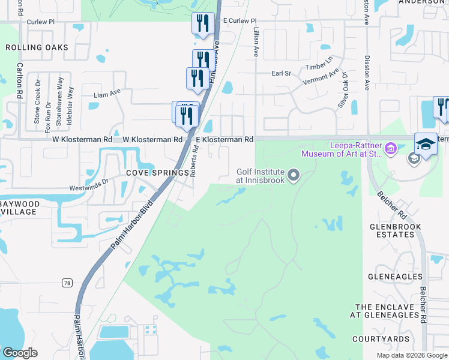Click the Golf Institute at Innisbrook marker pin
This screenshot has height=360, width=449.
(294, 175)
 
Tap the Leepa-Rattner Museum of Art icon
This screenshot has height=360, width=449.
(391, 148)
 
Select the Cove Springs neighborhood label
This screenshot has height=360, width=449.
(158, 173)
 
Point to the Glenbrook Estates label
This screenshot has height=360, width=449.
(396, 231)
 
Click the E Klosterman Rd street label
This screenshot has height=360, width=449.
(224, 139)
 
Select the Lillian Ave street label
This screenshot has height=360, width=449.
(256, 42)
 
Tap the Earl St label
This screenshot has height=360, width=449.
(281, 73)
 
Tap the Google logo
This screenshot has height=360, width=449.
(19, 353)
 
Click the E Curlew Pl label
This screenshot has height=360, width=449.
(239, 20)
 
